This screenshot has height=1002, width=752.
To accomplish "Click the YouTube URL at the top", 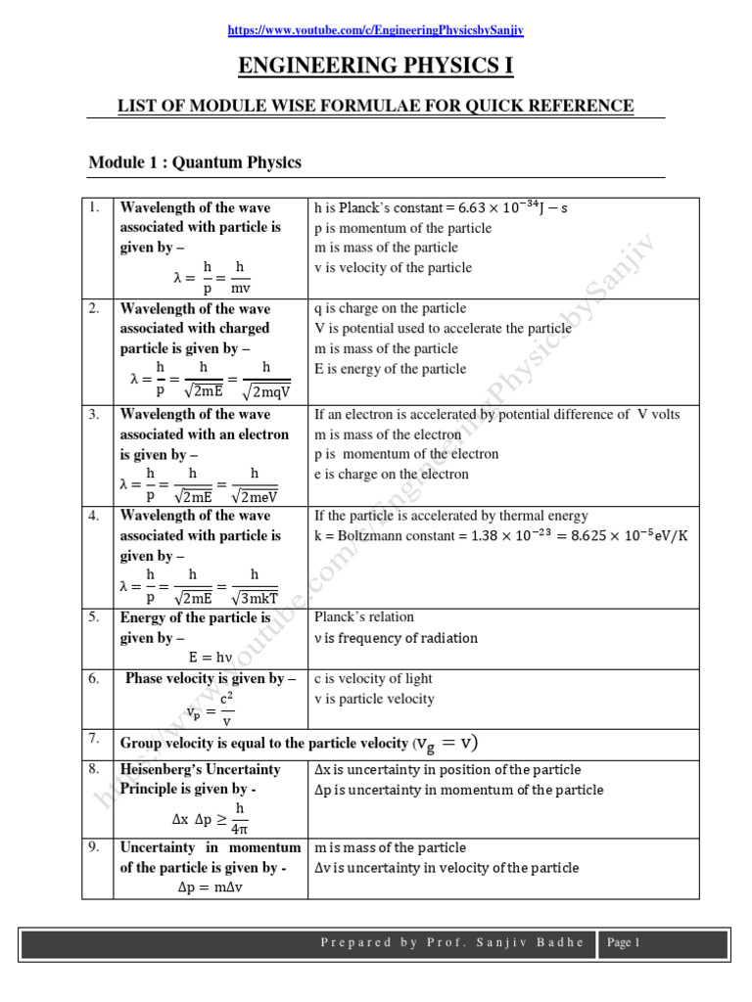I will click(376, 30).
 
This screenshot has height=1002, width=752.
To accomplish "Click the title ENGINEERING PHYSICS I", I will click(376, 67).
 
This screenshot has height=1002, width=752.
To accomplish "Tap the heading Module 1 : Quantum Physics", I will click(195, 161).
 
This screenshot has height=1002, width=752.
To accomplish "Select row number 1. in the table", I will click(94, 207).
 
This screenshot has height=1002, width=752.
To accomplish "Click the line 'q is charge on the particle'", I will click(391, 308).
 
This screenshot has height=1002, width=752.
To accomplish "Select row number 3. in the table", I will click(94, 415).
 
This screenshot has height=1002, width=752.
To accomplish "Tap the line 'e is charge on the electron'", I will click(391, 475).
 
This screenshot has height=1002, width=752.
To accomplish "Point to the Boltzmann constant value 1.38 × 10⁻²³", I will click(502, 536).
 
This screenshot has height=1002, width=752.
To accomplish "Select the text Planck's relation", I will click(363, 617).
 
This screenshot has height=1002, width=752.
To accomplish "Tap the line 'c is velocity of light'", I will click(373, 679).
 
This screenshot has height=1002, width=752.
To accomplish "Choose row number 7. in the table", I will click(94, 738).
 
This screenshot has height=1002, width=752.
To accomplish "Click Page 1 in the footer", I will click(624, 943).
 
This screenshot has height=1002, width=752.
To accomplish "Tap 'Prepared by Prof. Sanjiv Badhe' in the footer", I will click(452, 943).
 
